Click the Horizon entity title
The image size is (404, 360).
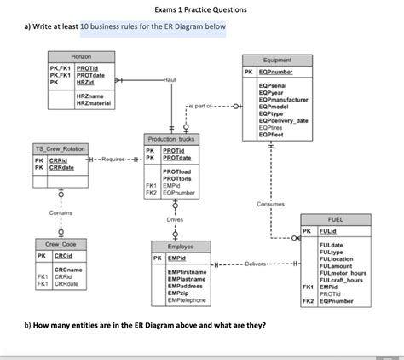(x=82, y=55)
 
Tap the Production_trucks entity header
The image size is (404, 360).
(x=170, y=138)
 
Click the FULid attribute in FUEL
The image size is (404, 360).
(x=328, y=231)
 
